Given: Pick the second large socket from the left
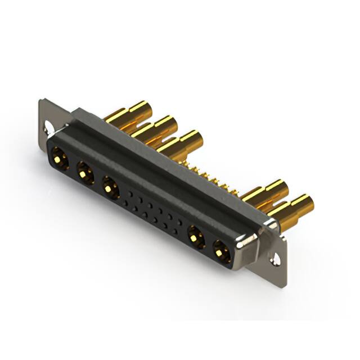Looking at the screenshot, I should (x=84, y=171).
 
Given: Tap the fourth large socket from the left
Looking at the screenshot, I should (x=195, y=235).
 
